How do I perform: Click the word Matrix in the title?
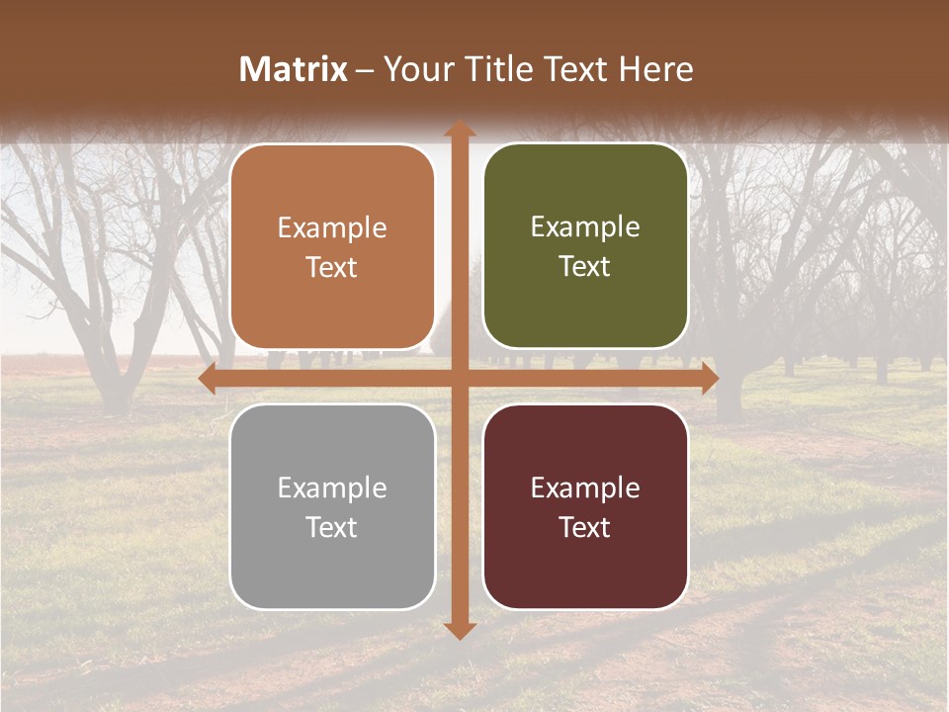[294, 69]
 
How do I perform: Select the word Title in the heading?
[496, 69]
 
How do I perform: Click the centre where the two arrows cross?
[459, 379]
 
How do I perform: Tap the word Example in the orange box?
[332, 228]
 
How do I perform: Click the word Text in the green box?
[585, 267]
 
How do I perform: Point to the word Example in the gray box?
[332, 489]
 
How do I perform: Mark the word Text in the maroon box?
[585, 527]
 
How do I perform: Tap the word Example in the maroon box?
[585, 489]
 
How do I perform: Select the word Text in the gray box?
[332, 527]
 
